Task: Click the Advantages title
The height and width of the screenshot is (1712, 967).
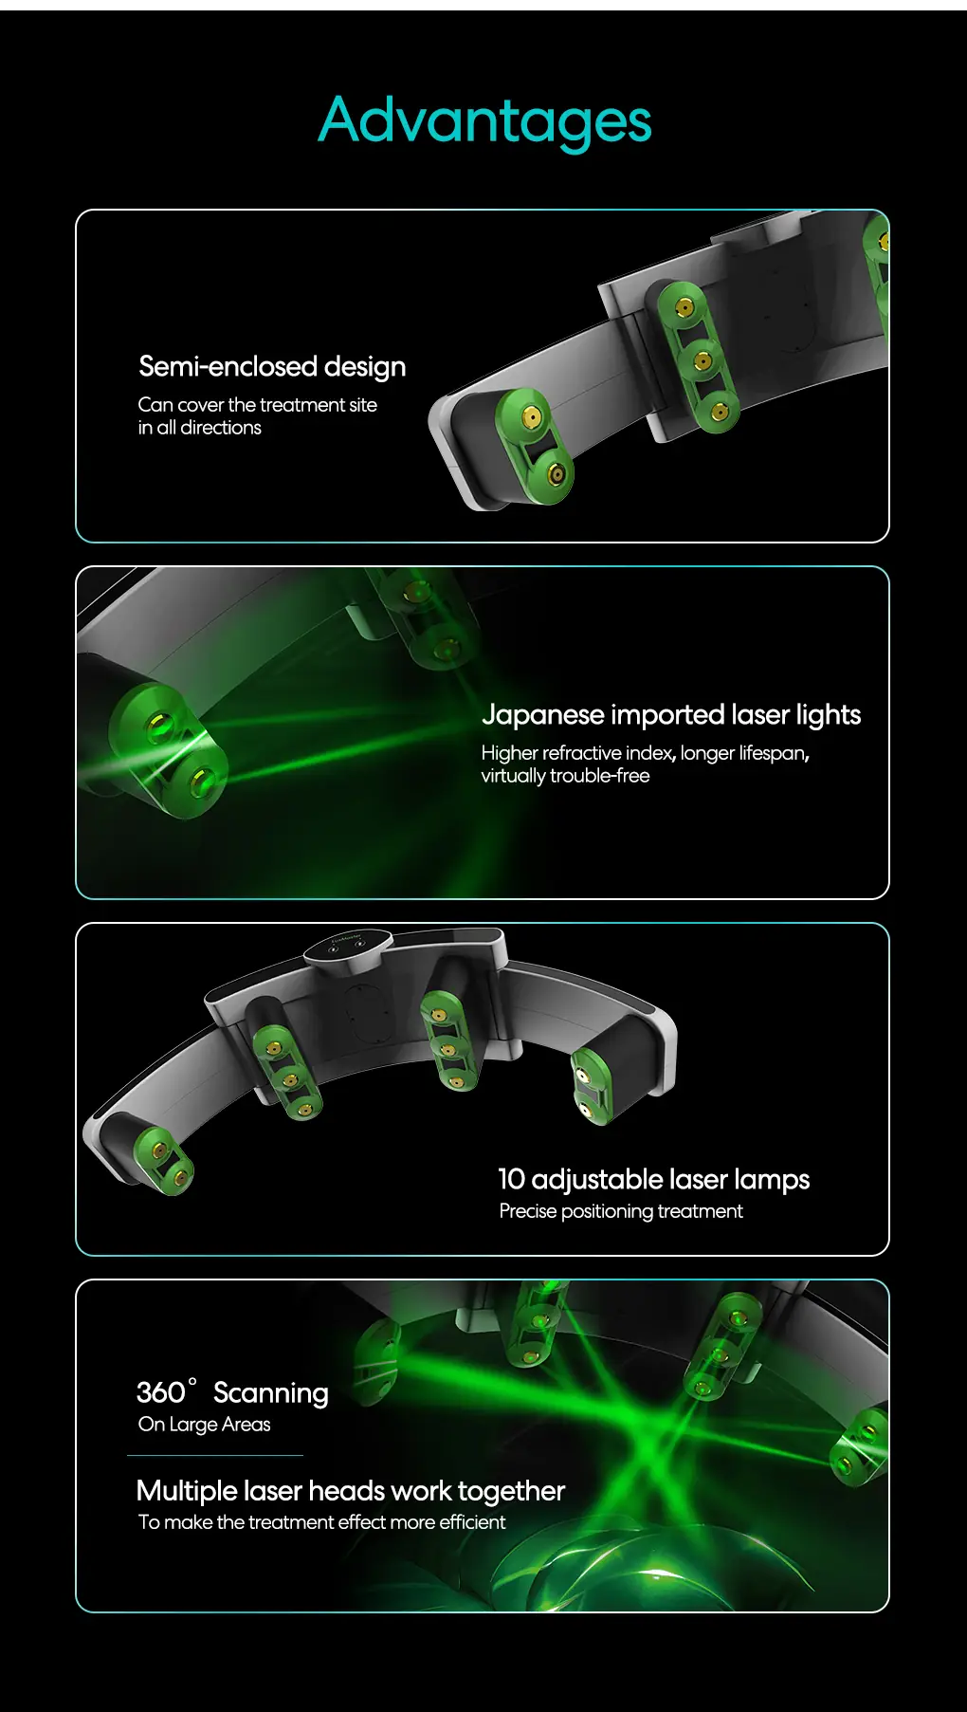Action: (484, 121)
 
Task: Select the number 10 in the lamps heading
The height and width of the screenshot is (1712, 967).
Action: (511, 1179)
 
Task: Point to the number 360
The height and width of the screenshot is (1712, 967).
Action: (160, 1392)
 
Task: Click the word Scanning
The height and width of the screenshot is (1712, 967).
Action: (270, 1393)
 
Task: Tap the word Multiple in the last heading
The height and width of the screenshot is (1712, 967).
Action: (187, 1491)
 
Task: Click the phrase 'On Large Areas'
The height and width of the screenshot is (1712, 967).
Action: (204, 1425)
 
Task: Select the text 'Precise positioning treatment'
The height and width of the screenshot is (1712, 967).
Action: (621, 1211)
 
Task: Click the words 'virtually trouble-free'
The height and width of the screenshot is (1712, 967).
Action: (565, 776)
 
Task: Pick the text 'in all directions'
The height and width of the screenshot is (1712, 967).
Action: (199, 428)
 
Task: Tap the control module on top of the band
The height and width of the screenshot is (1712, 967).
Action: (347, 946)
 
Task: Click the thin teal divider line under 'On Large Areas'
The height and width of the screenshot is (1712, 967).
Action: (215, 1455)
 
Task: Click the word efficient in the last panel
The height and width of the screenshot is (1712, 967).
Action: (472, 1522)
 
